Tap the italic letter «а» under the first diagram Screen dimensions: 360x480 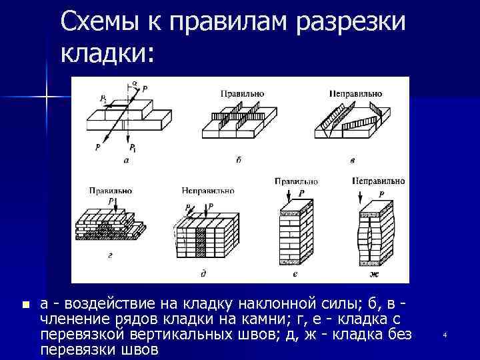(127, 160)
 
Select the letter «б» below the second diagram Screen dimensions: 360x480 (239, 160)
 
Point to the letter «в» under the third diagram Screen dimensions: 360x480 (352, 160)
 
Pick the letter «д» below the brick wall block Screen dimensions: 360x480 (203, 273)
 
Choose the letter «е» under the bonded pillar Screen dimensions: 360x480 (295, 273)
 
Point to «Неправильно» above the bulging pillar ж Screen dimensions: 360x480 (378, 181)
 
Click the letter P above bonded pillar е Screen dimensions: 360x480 (301, 193)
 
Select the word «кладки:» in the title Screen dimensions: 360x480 (107, 53)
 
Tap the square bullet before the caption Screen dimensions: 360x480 (25, 305)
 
